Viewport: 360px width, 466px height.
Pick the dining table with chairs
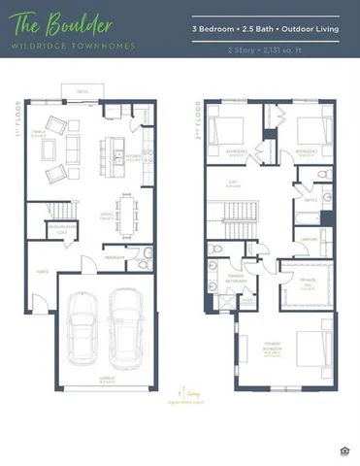click(x=126, y=211)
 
